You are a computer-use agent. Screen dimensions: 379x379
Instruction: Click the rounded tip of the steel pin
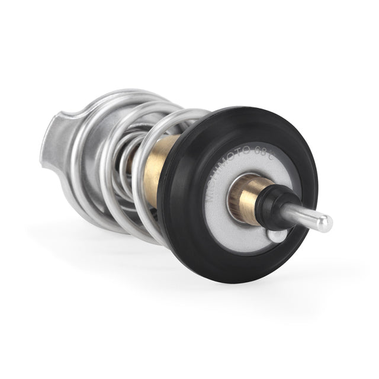[x=326, y=223]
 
